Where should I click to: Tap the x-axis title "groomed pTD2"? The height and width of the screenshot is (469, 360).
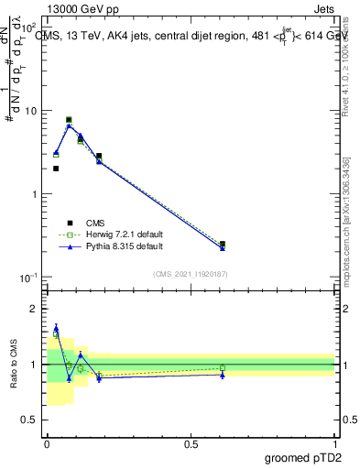point(303,456)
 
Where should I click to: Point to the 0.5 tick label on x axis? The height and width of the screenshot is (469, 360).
point(191,443)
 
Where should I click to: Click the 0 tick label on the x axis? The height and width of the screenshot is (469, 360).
point(47,443)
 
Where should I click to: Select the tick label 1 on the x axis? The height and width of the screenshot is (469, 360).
point(335,443)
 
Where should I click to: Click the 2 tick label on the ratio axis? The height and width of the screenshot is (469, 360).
point(34,309)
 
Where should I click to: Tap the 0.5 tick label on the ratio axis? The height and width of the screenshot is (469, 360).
point(29,420)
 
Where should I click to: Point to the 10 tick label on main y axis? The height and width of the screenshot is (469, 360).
point(31,111)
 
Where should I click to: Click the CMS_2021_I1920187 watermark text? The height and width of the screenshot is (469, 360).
point(191,273)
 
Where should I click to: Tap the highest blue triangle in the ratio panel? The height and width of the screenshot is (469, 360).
point(56,327)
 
